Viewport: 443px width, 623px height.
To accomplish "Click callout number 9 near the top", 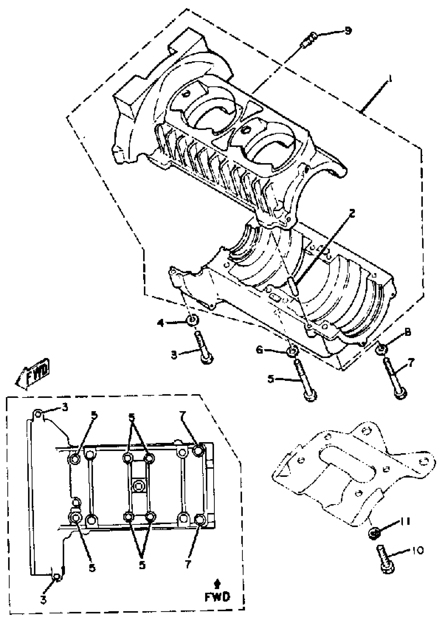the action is [x=348, y=30].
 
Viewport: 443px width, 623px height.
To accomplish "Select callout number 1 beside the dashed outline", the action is [x=390, y=80].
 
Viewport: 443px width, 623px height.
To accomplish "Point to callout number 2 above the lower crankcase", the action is [x=352, y=214].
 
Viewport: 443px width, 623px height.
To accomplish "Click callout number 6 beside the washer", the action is [x=260, y=350].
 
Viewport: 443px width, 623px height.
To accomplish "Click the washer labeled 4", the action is [x=193, y=320].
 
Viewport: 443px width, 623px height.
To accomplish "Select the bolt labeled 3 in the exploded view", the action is [x=204, y=347].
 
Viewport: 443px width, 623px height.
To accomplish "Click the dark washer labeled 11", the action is [x=373, y=533].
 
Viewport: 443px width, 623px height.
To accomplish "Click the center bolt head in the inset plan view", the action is [x=138, y=485].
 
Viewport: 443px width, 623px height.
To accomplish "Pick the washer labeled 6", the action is [x=292, y=351].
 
